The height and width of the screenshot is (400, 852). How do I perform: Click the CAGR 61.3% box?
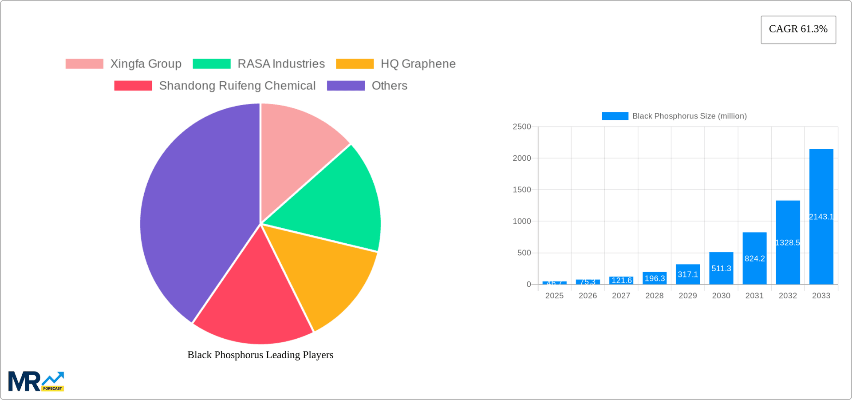pos(798,29)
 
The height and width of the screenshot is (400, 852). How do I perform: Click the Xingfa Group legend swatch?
pos(84,64)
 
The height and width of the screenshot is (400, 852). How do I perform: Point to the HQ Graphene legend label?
pos(418,64)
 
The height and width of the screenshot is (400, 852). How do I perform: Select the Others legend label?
pos(389,86)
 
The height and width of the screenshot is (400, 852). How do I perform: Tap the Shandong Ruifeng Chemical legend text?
pos(237,86)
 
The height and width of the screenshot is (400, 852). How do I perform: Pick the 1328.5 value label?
pos(788,243)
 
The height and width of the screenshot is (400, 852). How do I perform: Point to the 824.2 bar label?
pos(754,259)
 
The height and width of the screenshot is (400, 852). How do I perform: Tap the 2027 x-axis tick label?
pos(621,296)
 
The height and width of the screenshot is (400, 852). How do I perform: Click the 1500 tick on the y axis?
pos(522,190)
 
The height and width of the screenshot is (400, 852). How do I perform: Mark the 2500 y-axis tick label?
pos(522,127)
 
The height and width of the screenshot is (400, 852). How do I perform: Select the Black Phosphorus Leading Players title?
pos(260,355)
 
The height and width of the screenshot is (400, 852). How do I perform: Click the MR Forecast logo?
pos(36,382)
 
